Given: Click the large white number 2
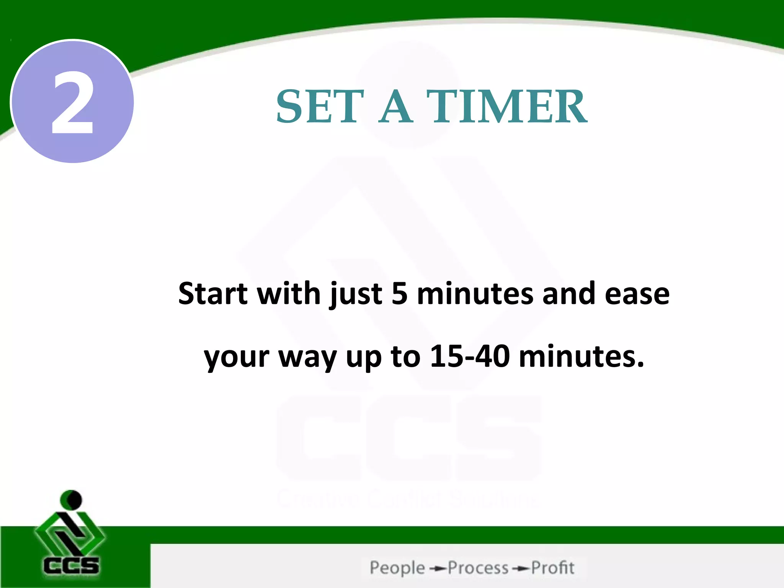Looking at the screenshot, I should point(72,103).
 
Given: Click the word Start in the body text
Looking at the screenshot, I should point(213,294).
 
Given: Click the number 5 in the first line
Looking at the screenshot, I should point(399,294).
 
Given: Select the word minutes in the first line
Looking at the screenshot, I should point(475,294).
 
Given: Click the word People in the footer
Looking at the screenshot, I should point(397,568).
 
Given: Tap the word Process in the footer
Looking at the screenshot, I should point(478,568).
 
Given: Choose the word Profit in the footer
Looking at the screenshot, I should point(553,568).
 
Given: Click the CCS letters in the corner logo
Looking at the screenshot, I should point(71,565).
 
